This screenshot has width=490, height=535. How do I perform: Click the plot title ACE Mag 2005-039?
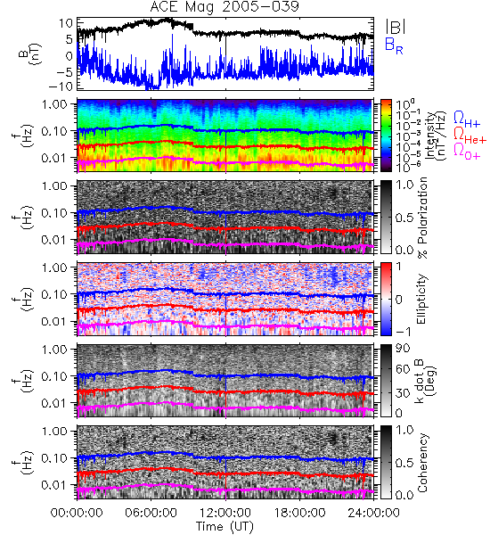point(225,7)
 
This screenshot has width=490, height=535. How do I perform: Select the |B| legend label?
point(396,27)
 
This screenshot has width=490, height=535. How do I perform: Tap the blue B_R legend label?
point(394,45)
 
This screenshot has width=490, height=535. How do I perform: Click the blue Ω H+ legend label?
point(467,119)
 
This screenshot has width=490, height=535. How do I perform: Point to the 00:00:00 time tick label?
point(77,513)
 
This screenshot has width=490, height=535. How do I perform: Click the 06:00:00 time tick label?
point(151,513)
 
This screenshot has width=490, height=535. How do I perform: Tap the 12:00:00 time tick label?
point(225,513)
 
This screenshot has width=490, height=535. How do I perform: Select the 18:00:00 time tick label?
point(299,513)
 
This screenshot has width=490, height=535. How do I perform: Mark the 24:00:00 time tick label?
point(373,513)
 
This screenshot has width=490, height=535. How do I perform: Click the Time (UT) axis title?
point(225,526)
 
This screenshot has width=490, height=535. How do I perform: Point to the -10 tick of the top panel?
point(61,86)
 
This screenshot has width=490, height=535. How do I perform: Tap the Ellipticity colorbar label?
point(421,300)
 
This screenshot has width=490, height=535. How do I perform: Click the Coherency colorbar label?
point(422,463)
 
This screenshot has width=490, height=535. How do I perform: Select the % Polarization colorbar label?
point(422,218)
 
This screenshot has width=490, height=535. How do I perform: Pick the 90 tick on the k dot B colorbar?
point(403,349)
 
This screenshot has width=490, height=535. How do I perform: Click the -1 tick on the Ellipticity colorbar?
point(403,332)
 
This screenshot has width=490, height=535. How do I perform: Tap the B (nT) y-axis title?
point(29,54)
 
